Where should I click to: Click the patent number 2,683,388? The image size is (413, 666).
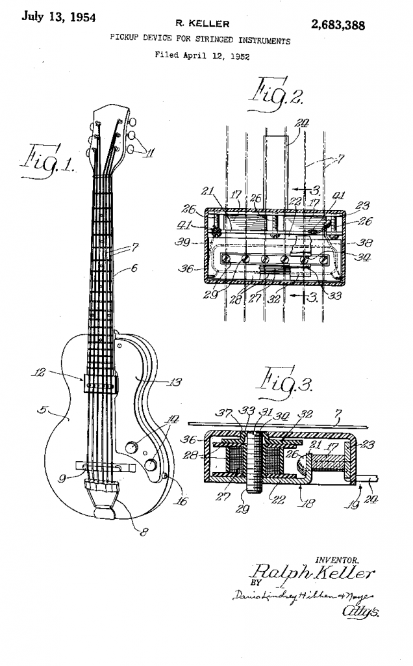pyautogui.click(x=338, y=25)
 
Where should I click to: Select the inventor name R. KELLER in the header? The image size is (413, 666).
pyautogui.click(x=207, y=24)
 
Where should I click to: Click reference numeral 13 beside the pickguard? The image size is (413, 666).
pyautogui.click(x=174, y=382)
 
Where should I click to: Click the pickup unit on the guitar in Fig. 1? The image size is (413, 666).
pyautogui.click(x=99, y=383)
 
